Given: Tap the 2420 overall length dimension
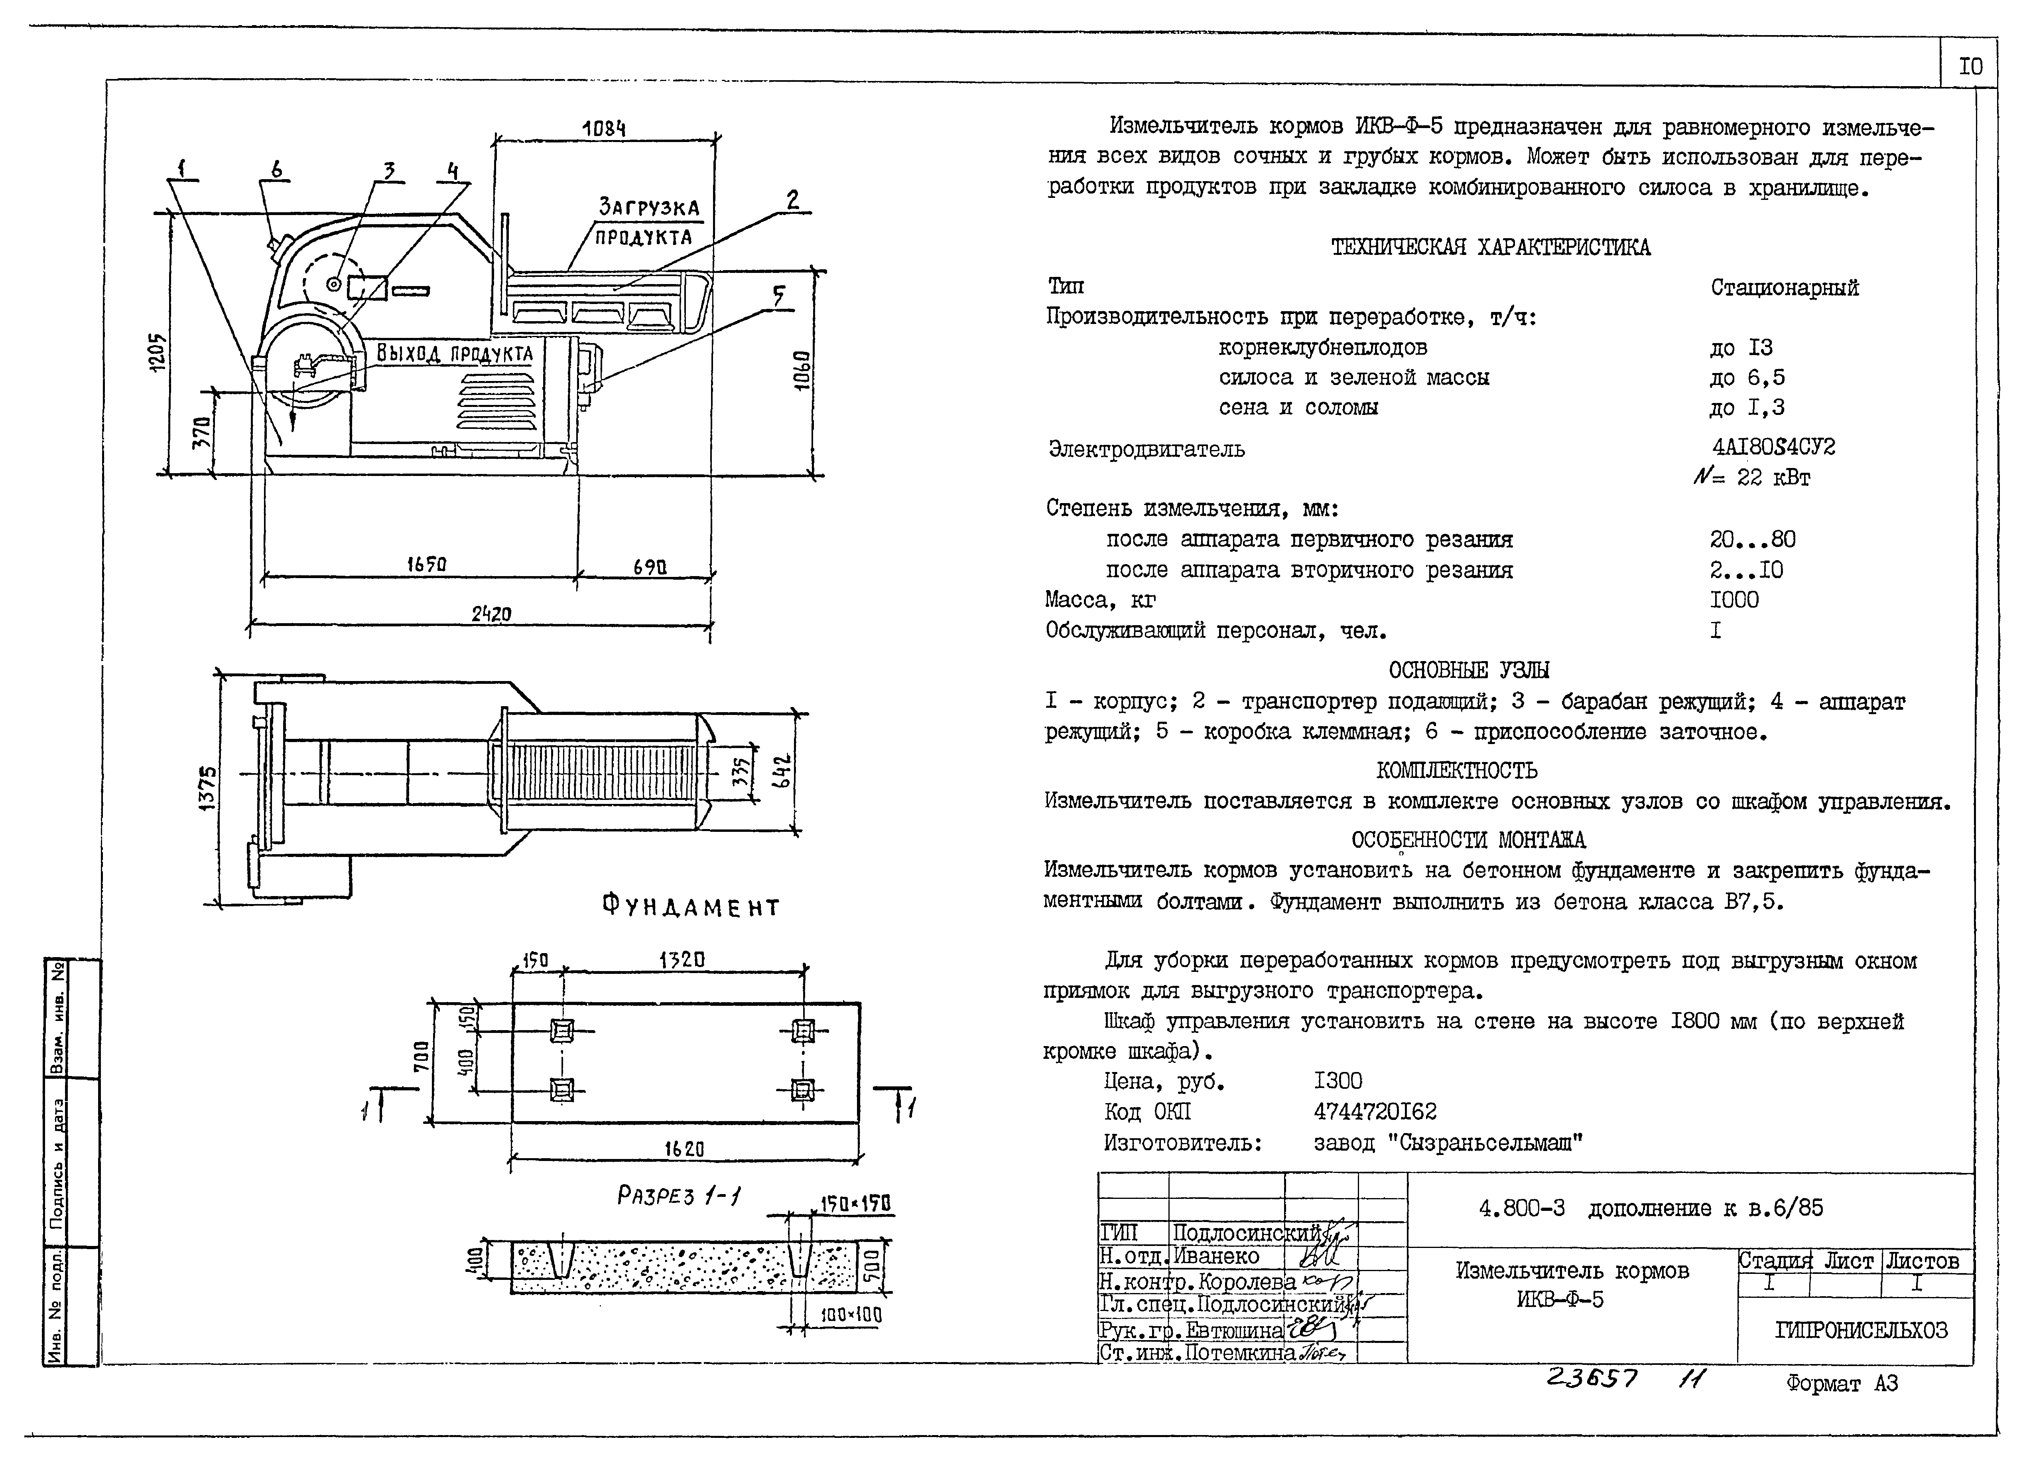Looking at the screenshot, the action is click(491, 614).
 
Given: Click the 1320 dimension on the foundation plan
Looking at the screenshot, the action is click(682, 960).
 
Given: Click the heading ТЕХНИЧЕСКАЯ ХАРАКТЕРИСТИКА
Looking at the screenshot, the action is click(1490, 247).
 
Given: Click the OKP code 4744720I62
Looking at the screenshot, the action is click(1375, 1112).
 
